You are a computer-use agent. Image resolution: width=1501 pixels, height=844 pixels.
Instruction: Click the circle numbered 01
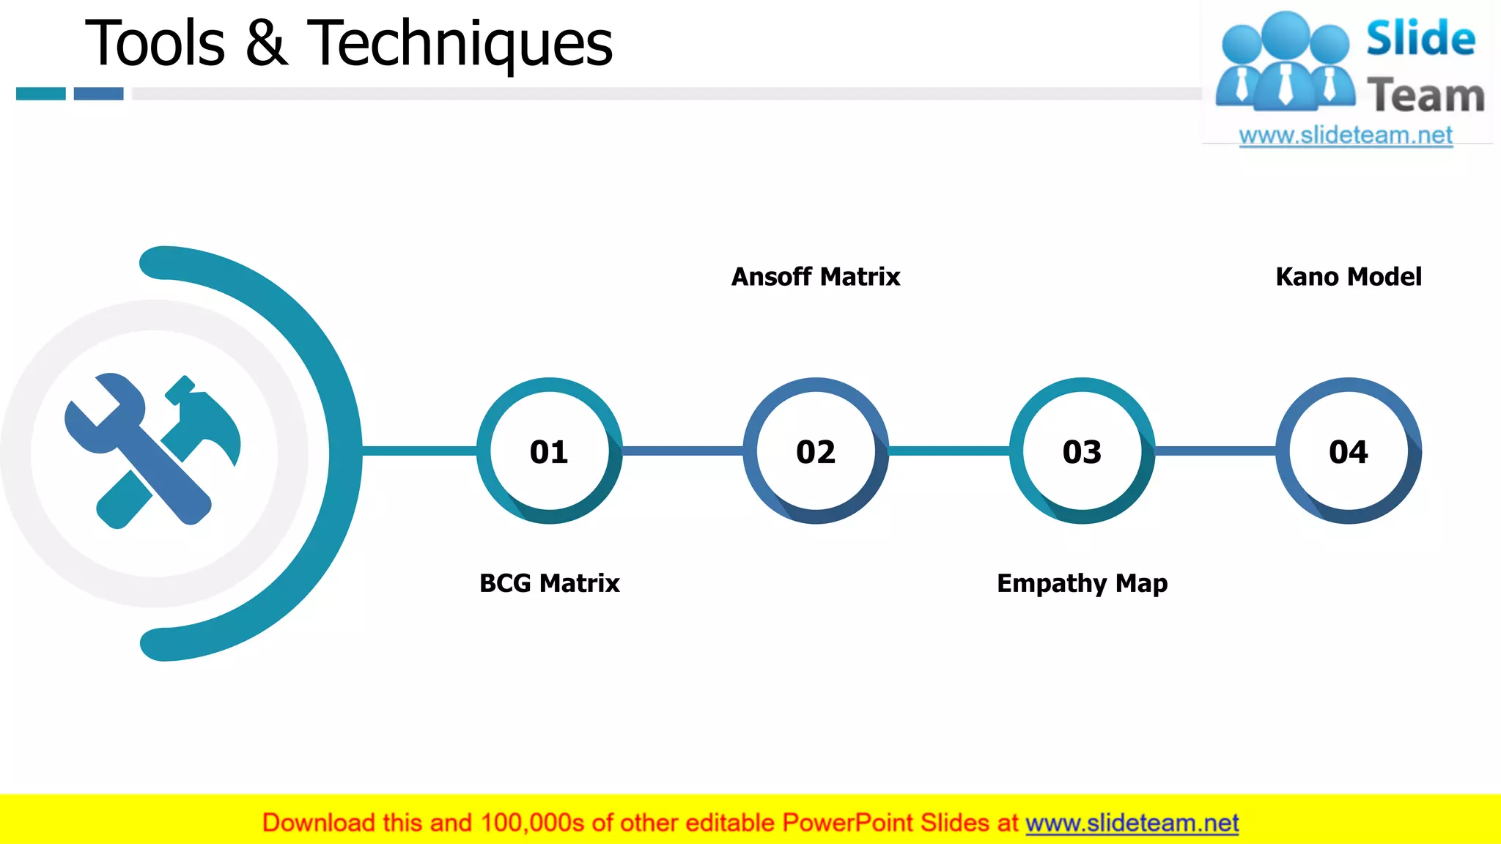coord(550,451)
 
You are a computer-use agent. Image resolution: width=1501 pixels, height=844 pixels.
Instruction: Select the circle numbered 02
coord(816,451)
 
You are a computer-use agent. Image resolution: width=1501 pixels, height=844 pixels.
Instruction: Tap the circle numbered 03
coord(1082,451)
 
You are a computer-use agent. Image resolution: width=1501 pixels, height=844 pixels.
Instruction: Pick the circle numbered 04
coord(1349,451)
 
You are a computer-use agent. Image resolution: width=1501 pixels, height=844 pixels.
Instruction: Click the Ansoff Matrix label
coord(816,277)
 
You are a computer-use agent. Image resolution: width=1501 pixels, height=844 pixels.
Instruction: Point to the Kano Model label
coord(1349,277)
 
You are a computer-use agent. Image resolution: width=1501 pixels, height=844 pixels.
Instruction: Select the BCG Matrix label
coord(550,583)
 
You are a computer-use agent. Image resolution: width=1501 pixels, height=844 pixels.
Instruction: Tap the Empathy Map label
coord(1082,583)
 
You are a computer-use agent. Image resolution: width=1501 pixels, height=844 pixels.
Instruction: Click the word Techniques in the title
coord(460,44)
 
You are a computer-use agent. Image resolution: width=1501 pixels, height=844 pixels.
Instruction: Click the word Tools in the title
coord(155,44)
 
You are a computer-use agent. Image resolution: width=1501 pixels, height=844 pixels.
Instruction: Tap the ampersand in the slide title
coord(266,44)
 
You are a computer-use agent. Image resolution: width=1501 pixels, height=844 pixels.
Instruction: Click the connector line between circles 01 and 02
coord(682,451)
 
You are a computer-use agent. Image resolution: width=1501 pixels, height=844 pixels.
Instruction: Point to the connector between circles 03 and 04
coord(1215,451)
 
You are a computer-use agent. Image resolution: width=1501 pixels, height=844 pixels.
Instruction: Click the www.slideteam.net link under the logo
coord(1346,136)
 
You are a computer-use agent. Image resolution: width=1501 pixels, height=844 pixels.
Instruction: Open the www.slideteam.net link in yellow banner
coord(1132,823)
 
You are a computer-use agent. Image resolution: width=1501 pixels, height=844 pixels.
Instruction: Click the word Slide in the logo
coord(1420,38)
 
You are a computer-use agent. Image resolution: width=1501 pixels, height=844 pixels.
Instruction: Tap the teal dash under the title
coord(41,94)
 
